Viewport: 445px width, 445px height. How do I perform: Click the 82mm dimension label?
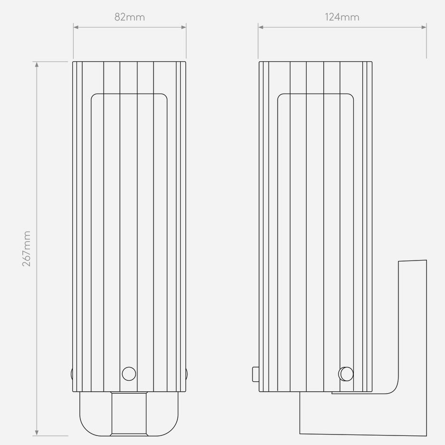click(130, 17)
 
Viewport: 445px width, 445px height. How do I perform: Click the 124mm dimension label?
click(342, 17)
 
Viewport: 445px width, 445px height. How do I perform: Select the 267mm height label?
click(27, 249)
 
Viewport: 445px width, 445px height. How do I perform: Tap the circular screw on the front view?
click(129, 374)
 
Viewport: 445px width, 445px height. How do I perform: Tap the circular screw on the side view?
click(346, 374)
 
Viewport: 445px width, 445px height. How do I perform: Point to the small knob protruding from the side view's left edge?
click(256, 374)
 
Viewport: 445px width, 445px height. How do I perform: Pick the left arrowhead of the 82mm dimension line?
click(76, 27)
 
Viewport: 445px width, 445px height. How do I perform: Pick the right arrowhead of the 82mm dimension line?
click(184, 27)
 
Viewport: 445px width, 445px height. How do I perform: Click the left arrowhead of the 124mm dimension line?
click(261, 27)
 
